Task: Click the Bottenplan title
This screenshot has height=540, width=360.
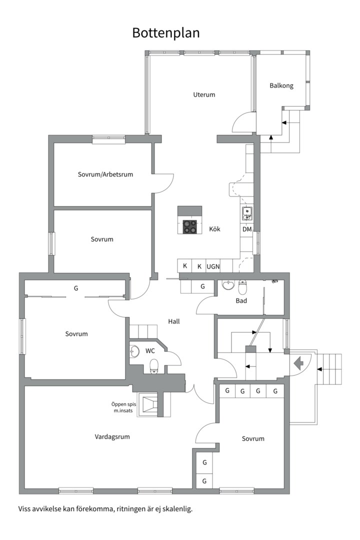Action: (x=165, y=33)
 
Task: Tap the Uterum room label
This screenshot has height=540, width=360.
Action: (x=204, y=94)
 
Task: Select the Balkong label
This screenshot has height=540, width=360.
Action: (x=281, y=86)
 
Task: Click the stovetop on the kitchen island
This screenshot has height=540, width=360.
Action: (x=190, y=226)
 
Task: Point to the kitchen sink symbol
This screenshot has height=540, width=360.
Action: (x=246, y=213)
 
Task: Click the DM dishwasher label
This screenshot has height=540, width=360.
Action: (x=247, y=229)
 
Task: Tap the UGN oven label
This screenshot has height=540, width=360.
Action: (x=213, y=266)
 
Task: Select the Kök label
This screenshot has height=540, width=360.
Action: (x=214, y=229)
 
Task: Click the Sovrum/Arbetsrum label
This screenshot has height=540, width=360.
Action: (x=105, y=174)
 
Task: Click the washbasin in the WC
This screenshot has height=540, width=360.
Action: (x=134, y=351)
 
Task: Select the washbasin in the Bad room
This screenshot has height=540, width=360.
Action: (x=228, y=285)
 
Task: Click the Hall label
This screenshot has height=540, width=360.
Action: (x=174, y=321)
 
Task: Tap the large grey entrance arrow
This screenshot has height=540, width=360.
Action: (x=298, y=363)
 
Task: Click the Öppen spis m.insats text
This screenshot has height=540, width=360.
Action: (x=123, y=407)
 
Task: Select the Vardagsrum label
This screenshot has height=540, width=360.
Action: (x=112, y=437)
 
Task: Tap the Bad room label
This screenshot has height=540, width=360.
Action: (x=241, y=300)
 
